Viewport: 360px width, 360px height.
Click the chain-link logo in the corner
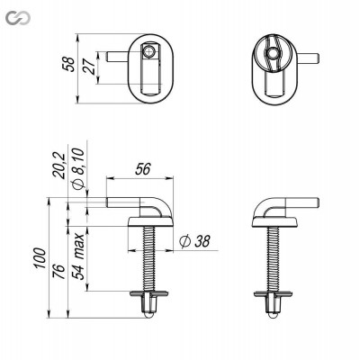tap(12, 12)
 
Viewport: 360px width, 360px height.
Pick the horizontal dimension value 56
tap(142, 169)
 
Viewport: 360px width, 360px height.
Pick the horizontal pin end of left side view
tap(112, 203)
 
